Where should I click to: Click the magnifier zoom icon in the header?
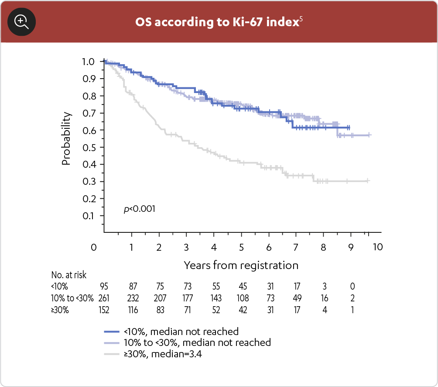coord(22,21)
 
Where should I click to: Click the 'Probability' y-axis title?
coord(66,138)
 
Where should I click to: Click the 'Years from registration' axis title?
coord(241,265)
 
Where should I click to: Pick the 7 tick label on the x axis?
coord(296,247)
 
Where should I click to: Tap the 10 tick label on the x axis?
coord(378,247)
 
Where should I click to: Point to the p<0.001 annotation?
coord(140,209)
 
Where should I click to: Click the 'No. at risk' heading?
coord(69,275)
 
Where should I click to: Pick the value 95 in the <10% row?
coord(104,287)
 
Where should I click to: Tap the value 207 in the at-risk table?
coord(159,299)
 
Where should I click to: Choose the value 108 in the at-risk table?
coord(242,299)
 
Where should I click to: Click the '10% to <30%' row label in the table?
coord(72,299)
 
